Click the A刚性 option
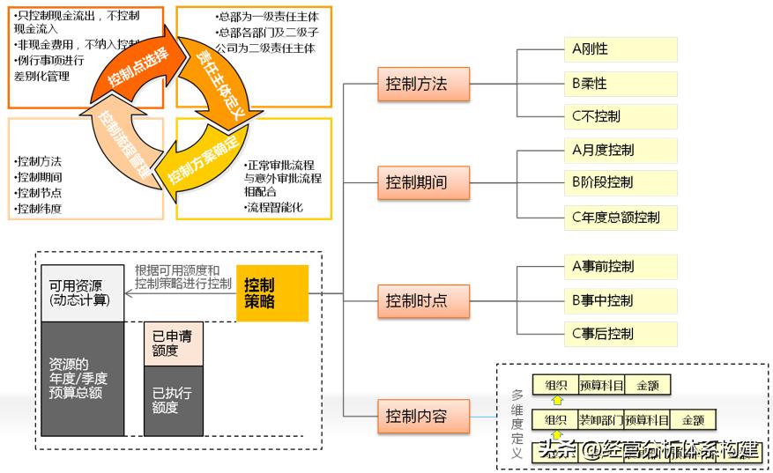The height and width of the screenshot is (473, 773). pyautogui.click(x=622, y=49)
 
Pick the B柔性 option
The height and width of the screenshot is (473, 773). pyautogui.click(x=622, y=84)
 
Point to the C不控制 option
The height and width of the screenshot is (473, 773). pyautogui.click(x=622, y=116)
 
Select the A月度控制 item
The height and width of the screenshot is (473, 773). pyautogui.click(x=622, y=151)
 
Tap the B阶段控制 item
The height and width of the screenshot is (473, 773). pyautogui.click(x=622, y=183)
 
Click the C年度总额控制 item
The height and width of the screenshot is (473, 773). pyautogui.click(x=622, y=217)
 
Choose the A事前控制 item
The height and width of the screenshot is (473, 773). pyautogui.click(x=622, y=267)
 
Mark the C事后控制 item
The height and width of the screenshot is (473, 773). pyautogui.click(x=622, y=334)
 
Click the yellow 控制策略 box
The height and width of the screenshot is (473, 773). pyautogui.click(x=272, y=293)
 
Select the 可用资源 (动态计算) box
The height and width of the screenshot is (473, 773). pyautogui.click(x=80, y=293)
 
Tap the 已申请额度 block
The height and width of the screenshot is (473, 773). pyautogui.click(x=173, y=344)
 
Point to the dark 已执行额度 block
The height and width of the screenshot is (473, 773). pyautogui.click(x=173, y=400)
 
